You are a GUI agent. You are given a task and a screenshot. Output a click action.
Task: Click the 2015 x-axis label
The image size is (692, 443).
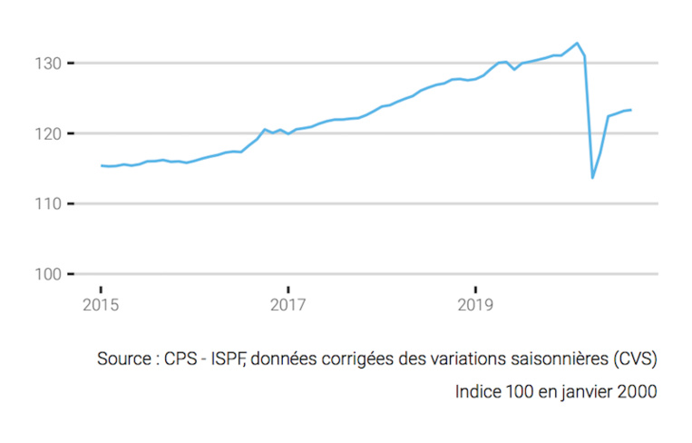tap(101, 303)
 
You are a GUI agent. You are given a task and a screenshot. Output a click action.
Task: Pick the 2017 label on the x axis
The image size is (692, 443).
tap(288, 303)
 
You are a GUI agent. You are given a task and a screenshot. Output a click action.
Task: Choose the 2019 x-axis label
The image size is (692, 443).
tap(474, 303)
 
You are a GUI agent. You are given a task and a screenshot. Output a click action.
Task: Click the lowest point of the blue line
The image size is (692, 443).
tap(592, 177)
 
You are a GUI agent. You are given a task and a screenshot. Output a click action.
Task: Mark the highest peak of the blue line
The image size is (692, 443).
tap(577, 43)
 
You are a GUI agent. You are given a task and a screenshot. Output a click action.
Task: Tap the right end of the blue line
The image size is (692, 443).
tap(630, 110)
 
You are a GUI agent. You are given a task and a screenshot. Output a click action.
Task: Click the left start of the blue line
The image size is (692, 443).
tap(101, 165)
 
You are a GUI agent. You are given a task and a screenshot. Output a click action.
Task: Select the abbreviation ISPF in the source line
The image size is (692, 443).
tap(226, 359)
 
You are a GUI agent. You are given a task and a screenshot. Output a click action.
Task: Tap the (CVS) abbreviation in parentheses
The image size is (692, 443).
tap(633, 359)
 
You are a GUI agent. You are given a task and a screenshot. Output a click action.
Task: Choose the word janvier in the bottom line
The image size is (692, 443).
tap(588, 392)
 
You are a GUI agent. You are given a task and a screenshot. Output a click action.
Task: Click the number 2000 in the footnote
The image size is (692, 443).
tap(638, 392)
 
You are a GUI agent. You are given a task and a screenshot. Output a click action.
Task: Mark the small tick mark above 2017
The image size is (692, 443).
tap(288, 289)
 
